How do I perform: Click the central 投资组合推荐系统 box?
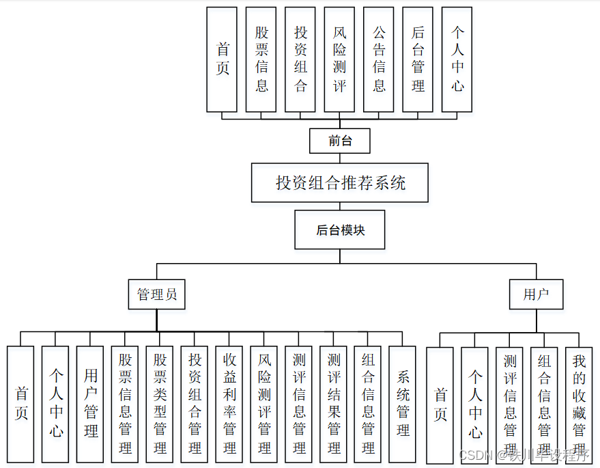pyautogui.click(x=340, y=182)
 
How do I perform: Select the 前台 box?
pyautogui.click(x=340, y=141)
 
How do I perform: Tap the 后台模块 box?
pyautogui.click(x=340, y=230)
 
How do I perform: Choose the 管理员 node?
pyautogui.click(x=157, y=294)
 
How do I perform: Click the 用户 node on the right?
pyautogui.click(x=536, y=294)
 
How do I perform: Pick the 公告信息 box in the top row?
pyautogui.click(x=379, y=59)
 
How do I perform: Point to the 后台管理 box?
pyautogui.click(x=418, y=59)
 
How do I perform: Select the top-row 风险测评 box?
pyautogui.click(x=339, y=59)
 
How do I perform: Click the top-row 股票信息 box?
pyautogui.click(x=261, y=59)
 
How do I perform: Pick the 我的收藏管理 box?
pyautogui.click(x=579, y=404)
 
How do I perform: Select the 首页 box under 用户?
pyautogui.click(x=440, y=404)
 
